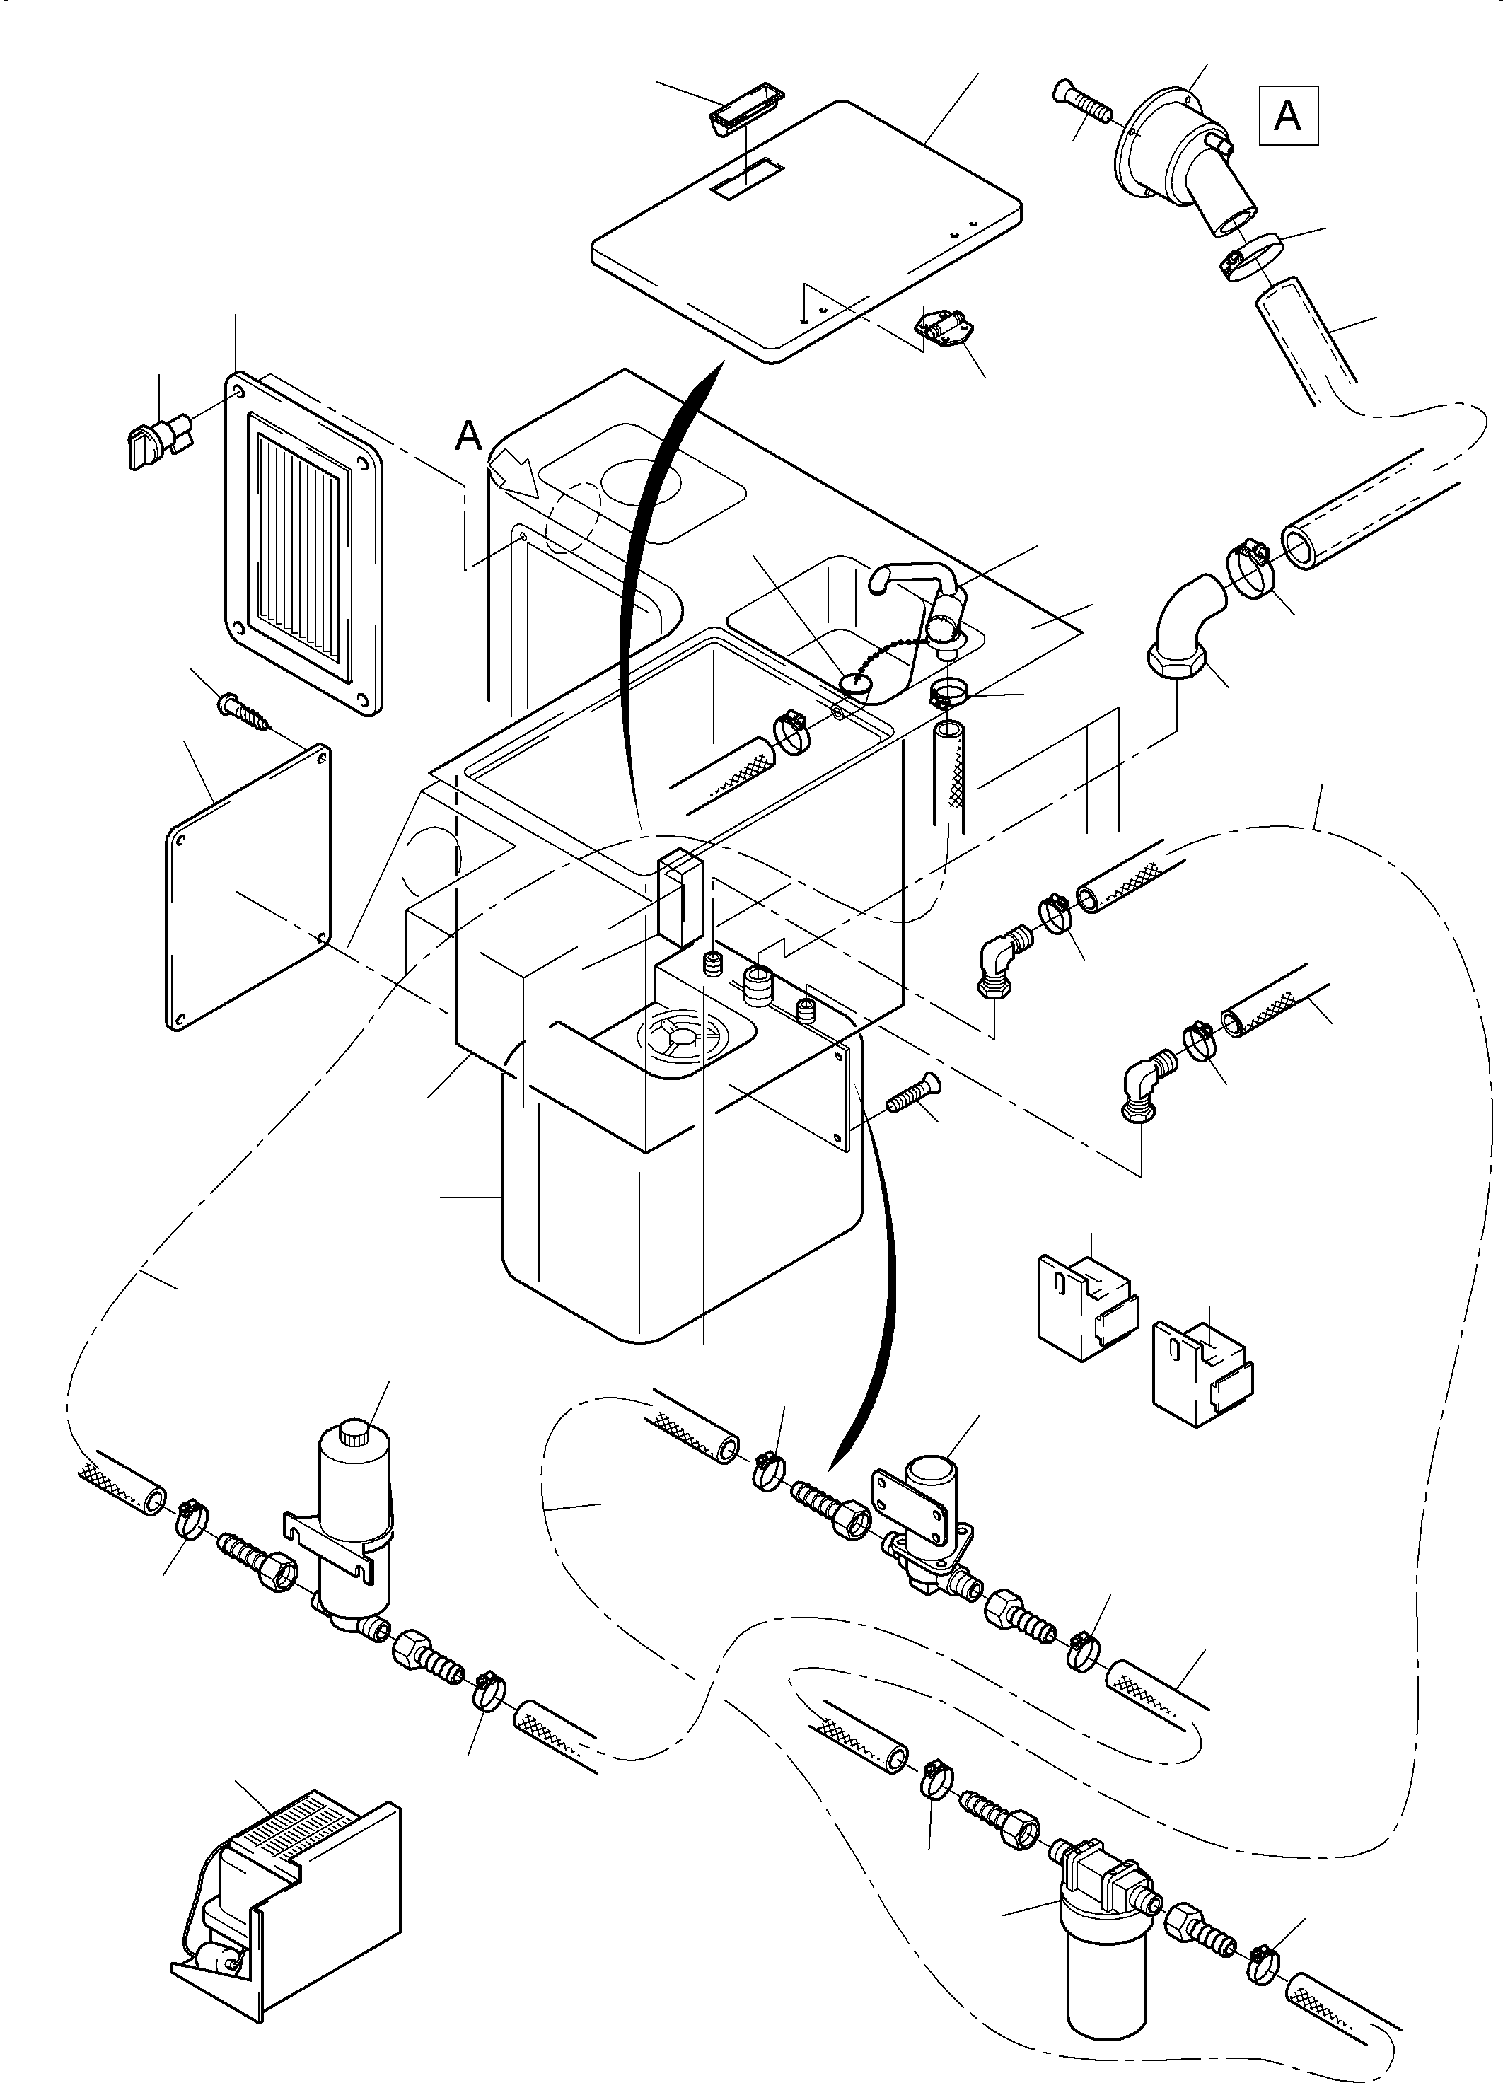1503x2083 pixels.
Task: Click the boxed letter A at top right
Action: [1288, 116]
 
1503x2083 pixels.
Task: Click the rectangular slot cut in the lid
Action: [745, 178]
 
